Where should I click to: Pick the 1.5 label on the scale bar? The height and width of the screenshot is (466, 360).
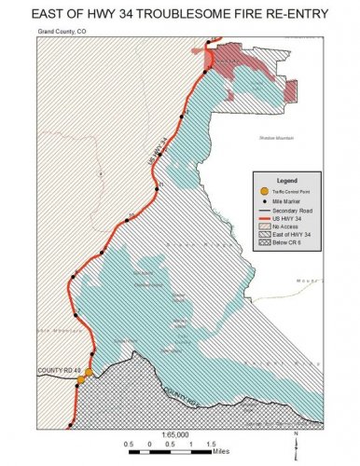209,444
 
